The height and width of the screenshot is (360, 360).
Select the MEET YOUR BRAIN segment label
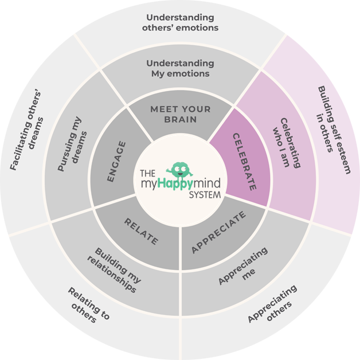pos(180,114)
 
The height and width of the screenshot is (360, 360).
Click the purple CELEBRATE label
pos(244,162)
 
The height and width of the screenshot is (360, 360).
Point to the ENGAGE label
pos(116,162)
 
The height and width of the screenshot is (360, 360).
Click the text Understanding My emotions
pos(180,68)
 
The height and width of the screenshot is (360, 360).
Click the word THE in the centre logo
pos(148,172)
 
